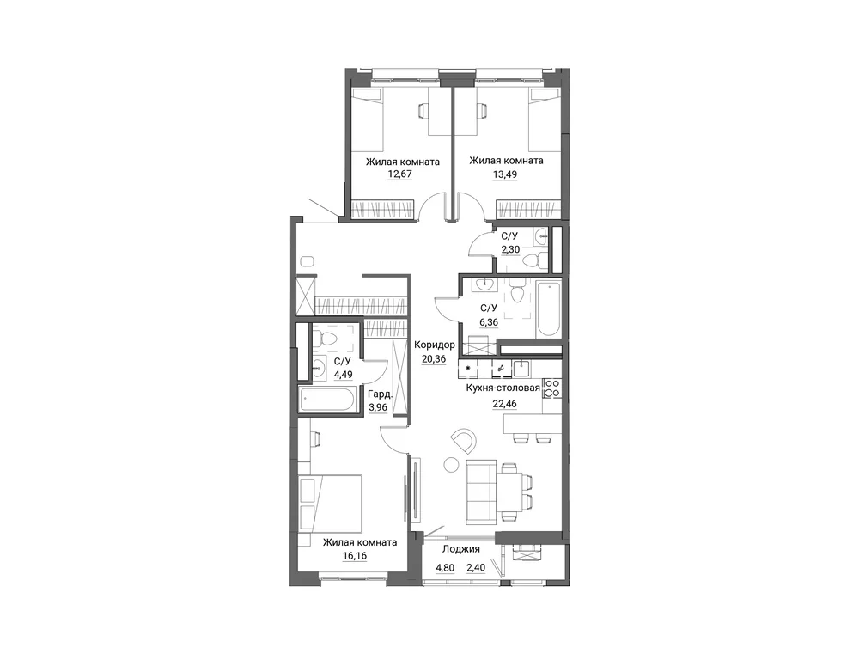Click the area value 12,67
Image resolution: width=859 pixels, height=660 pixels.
point(399,174)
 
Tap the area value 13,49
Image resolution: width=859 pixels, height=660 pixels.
point(504,174)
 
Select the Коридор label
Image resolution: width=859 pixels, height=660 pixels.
point(435,345)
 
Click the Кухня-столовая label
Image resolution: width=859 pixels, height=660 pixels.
point(503,388)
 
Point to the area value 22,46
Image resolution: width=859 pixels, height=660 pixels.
point(504,404)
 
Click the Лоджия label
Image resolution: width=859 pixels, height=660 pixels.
point(461,549)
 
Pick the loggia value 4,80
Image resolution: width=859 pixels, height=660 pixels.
point(445,568)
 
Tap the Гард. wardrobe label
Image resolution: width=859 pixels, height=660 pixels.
point(380,394)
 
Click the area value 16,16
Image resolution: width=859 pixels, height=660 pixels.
point(354,556)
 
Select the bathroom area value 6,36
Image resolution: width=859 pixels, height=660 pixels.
point(489,322)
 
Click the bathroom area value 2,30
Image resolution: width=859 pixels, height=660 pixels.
point(510,249)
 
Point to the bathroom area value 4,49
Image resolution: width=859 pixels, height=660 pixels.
point(343,375)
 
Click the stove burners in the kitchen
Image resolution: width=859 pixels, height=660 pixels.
point(552,388)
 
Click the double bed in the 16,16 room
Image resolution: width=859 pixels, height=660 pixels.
point(331,503)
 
